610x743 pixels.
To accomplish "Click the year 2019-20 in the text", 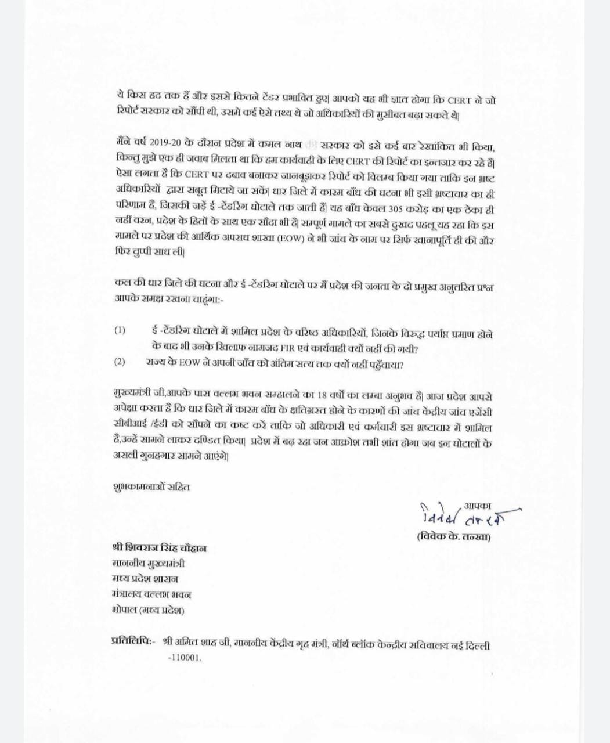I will pos(166,143).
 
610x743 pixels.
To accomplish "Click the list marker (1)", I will pos(120,330).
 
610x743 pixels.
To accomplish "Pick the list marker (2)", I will pos(120,362).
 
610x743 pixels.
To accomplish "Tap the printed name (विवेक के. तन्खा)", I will pos(453,537).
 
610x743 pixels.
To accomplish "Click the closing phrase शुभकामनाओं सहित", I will pos(151,486).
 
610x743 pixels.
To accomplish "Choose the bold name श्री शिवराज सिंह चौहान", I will pos(159,548).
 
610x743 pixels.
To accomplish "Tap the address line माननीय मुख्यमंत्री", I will pos(149,563).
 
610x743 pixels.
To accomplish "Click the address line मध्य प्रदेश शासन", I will pos(145,579).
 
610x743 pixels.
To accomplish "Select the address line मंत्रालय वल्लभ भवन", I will pos(151,594).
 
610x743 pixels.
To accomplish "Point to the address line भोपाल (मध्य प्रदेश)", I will pos(148,610).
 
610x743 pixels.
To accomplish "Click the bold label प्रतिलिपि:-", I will pos(132,641).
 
